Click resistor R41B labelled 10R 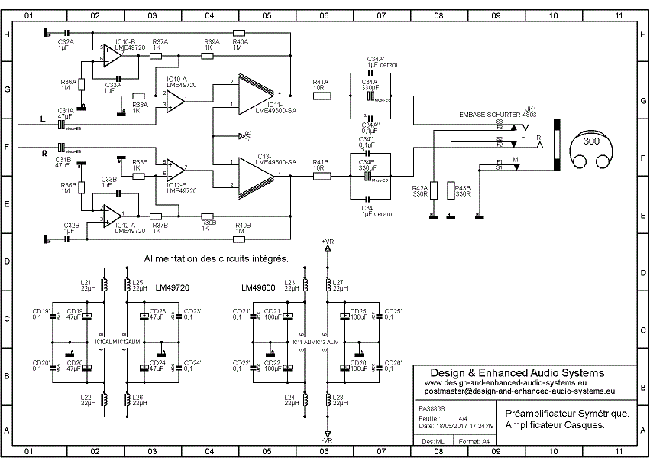coord(321,175)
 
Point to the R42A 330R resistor coord(433,190)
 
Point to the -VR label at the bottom coord(327,441)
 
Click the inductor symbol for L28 coord(328,399)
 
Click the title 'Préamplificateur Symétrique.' coord(567,413)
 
